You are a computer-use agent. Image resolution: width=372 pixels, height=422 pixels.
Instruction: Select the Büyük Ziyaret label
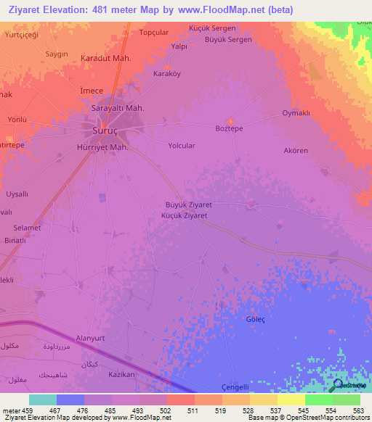click(189, 205)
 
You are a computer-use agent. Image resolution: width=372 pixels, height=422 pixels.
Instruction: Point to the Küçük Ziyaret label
click(185, 215)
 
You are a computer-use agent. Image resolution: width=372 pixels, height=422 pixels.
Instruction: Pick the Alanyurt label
click(91, 338)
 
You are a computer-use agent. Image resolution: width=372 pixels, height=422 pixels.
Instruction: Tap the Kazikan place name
click(121, 374)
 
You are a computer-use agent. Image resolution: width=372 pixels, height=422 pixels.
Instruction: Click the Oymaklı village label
click(296, 114)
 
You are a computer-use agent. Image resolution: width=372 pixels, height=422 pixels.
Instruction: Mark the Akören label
click(296, 151)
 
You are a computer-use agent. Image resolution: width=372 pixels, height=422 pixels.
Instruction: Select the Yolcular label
click(182, 146)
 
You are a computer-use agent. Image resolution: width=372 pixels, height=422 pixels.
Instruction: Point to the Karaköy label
click(166, 74)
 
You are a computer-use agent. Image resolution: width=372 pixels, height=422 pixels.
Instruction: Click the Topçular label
click(154, 33)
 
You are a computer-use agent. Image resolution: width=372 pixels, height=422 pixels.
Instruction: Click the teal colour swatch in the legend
click(43, 400)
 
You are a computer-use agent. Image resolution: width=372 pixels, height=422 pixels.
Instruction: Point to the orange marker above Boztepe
click(231, 120)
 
